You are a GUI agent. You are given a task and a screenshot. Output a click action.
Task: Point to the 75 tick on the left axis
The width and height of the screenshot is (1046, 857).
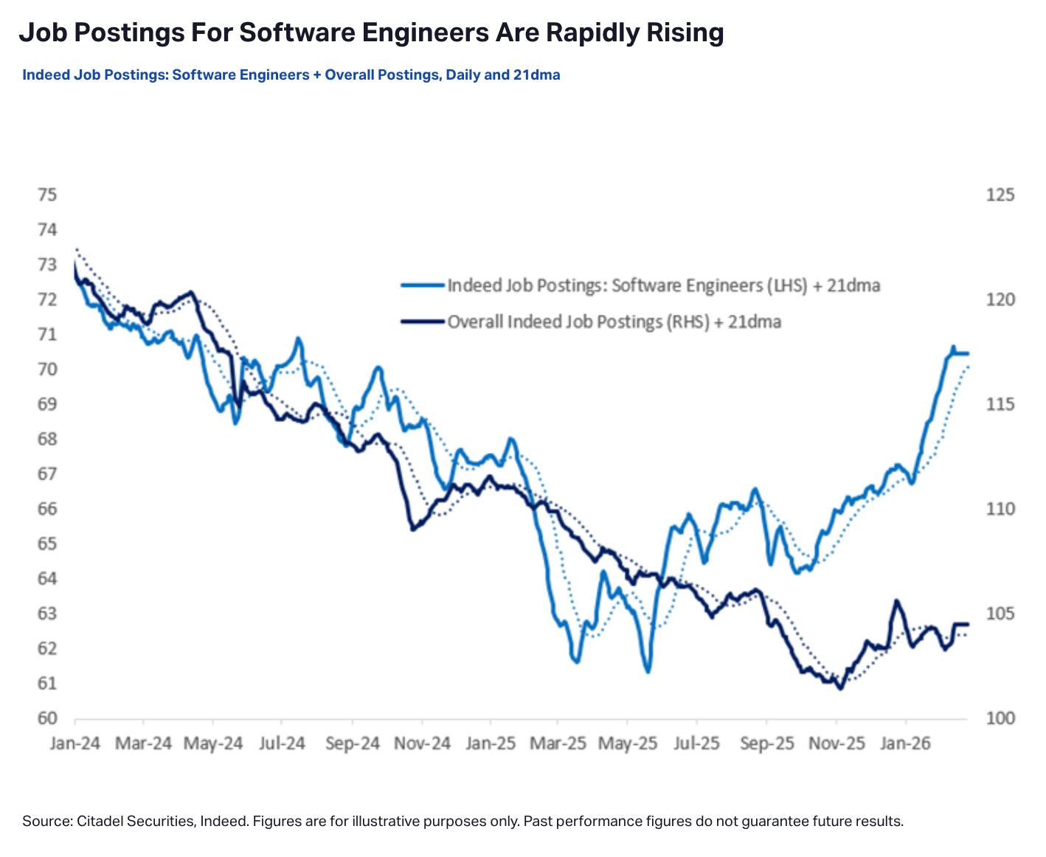(x=47, y=195)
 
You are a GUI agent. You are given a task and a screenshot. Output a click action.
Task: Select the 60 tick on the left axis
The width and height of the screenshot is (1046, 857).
(x=47, y=718)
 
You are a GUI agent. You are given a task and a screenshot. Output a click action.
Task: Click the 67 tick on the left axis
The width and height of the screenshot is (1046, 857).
(x=47, y=474)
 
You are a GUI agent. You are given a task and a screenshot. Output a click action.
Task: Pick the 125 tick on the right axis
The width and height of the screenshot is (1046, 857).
(x=1000, y=195)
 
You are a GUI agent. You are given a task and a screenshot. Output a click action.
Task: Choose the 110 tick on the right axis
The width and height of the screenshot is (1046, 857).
(x=1000, y=509)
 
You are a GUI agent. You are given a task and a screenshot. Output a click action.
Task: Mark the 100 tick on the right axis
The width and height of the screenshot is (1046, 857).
(x=1000, y=718)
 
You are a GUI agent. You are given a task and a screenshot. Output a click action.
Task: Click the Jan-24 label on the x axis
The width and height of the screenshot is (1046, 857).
(x=75, y=743)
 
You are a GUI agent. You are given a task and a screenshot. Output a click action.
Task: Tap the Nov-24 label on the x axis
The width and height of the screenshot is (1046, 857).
(x=422, y=743)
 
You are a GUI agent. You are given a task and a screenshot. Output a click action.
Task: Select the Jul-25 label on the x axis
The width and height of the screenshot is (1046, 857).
(x=697, y=743)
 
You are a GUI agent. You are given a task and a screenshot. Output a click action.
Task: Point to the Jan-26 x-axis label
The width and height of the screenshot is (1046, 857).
(x=905, y=743)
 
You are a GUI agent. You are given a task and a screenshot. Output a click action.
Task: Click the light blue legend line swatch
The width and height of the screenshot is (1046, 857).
(x=423, y=285)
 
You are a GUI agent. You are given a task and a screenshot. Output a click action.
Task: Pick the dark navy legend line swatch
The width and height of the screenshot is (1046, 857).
(x=423, y=322)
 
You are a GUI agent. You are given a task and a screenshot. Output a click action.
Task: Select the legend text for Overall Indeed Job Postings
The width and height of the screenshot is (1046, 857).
(x=614, y=322)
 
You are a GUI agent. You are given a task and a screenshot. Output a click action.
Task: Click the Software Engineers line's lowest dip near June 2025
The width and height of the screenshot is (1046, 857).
(x=648, y=671)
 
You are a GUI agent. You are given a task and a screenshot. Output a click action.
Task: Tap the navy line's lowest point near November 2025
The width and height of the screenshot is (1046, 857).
(x=839, y=688)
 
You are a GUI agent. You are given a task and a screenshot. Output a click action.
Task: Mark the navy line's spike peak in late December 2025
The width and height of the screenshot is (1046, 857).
(x=896, y=601)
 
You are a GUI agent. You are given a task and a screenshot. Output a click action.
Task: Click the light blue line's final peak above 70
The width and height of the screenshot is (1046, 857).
(x=952, y=347)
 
